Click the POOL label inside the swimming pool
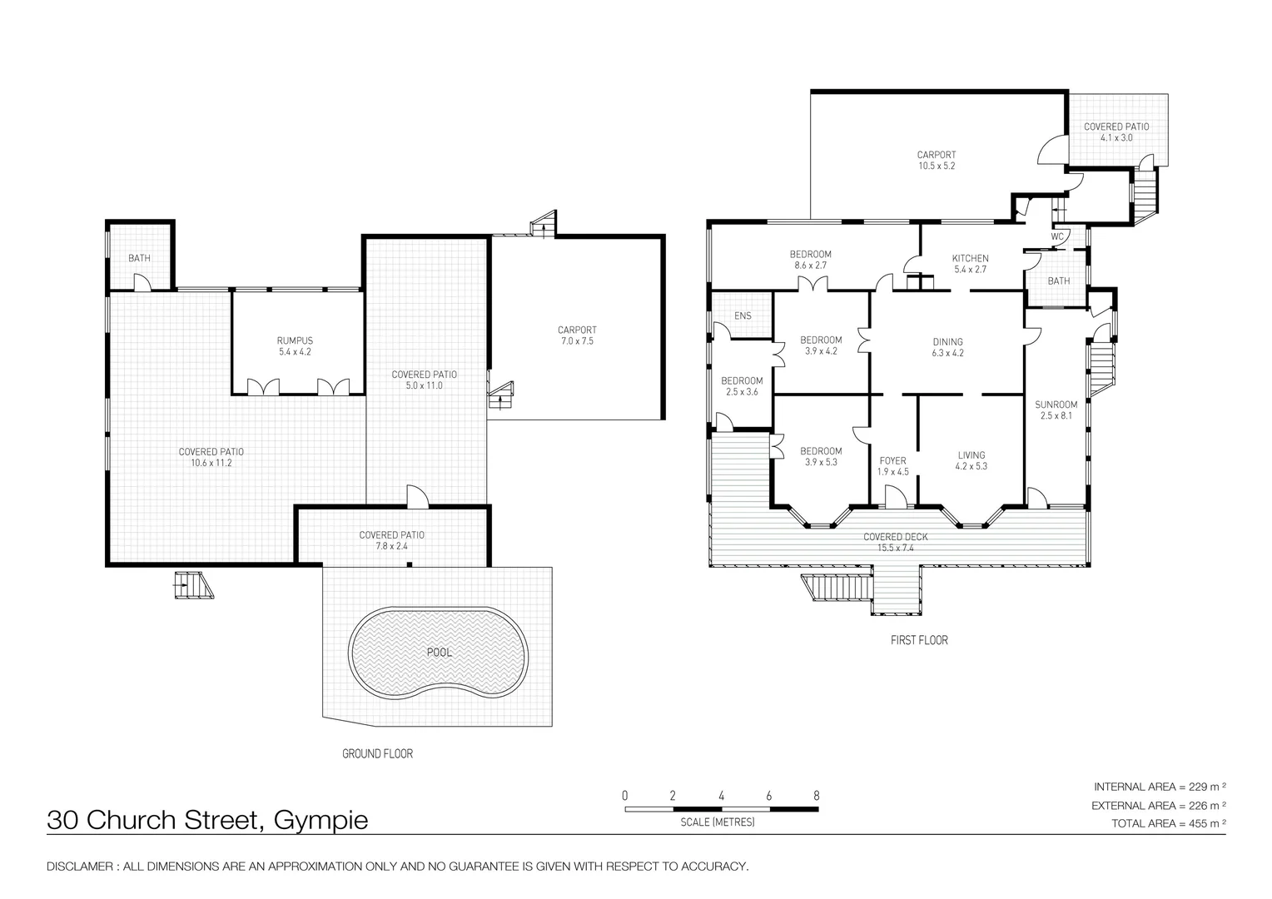coord(439,652)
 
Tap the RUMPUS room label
coord(295,340)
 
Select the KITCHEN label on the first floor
coord(970,258)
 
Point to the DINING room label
coord(947,341)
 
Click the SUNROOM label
coord(1056,405)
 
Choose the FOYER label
coord(892,460)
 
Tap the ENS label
coord(743,315)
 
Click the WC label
coord(1057,236)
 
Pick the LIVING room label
coord(971,454)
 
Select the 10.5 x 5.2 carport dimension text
coord(937,166)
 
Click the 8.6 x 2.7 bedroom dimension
coord(811,266)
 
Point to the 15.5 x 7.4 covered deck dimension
coord(895,548)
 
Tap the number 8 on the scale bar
coord(816,795)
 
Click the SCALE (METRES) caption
coord(717,822)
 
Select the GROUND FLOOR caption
coord(377,754)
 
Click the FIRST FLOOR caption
coord(919,640)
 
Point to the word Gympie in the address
coord(320,821)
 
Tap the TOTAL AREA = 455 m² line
coord(1169,823)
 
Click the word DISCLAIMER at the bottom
coord(80,867)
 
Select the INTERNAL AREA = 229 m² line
coord(1160,787)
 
